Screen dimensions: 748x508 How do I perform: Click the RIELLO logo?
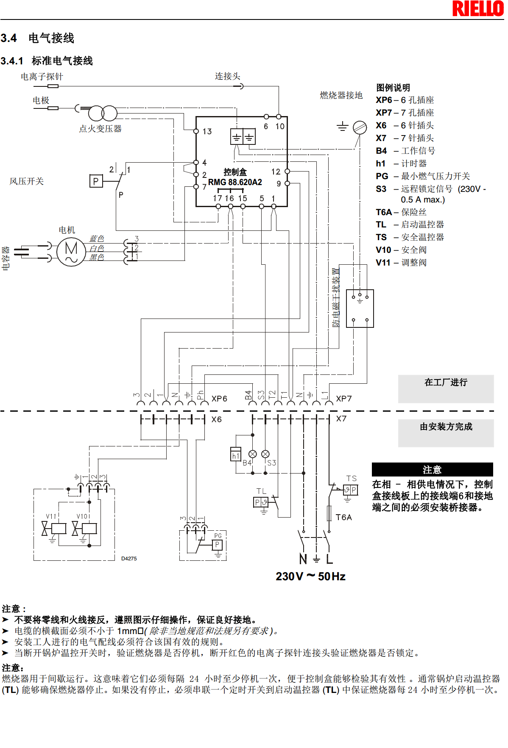coord(478,8)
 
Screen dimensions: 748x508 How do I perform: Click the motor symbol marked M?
coord(71,252)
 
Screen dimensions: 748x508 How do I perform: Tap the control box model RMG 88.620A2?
coord(235,182)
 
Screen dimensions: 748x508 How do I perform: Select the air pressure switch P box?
coord(96,181)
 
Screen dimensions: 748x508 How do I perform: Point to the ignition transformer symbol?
coord(103,114)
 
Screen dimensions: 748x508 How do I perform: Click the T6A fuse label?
coord(343,517)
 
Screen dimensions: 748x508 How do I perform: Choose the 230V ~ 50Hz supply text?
coord(310,576)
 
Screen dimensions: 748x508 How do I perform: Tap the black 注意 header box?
coord(432,470)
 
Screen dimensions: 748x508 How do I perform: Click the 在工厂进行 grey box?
coord(446,388)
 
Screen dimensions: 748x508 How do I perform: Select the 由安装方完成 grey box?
coord(446,433)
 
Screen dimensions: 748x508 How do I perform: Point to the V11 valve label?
coord(51,516)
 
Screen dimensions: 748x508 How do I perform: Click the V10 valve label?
coord(82,516)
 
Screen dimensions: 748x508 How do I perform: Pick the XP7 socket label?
coord(344,399)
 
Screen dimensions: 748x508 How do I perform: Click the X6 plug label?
coord(216,419)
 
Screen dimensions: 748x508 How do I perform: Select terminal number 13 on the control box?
coord(207,131)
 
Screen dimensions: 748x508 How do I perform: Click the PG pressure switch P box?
coord(217,545)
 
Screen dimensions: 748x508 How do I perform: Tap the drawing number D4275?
coord(129,559)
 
